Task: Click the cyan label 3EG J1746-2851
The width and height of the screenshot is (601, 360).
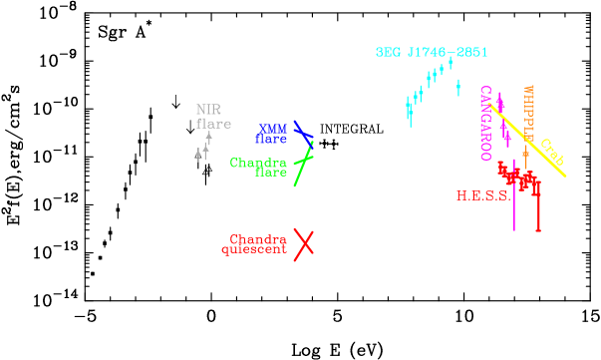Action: (x=431, y=52)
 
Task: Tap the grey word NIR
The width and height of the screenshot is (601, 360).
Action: (x=208, y=110)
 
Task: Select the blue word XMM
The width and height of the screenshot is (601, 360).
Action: (x=273, y=128)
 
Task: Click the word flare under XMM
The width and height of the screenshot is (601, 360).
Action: (x=271, y=139)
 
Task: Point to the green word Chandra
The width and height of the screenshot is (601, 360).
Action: (x=258, y=163)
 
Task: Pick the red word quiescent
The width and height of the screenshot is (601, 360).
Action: (x=254, y=250)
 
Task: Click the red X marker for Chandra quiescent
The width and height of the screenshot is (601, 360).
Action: (x=304, y=242)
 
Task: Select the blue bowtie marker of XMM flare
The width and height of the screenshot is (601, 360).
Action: (x=303, y=133)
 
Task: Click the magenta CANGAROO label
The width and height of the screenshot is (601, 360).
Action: (x=485, y=123)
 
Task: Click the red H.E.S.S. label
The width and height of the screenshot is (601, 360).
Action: (x=482, y=196)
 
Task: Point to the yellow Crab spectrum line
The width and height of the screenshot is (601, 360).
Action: (x=528, y=141)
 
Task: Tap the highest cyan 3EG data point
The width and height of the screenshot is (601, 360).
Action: (x=451, y=62)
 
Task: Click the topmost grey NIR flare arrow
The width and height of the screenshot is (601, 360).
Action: (x=209, y=137)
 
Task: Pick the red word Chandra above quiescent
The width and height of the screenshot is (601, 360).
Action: (x=258, y=239)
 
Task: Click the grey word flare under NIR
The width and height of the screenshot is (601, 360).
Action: (x=213, y=124)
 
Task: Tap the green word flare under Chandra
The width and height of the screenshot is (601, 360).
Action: (x=270, y=173)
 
